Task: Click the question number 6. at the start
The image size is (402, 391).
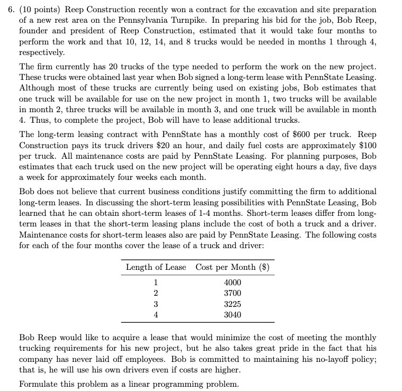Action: tap(7, 10)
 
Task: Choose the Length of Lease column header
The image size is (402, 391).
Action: tap(156, 267)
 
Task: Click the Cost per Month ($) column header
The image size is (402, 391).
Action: tap(233, 267)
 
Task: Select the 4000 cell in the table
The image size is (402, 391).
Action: tap(233, 282)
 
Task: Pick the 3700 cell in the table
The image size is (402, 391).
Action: tap(233, 293)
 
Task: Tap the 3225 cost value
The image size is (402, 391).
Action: tap(233, 304)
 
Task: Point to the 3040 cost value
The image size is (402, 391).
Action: tap(233, 314)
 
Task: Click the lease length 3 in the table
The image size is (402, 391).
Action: tap(156, 304)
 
